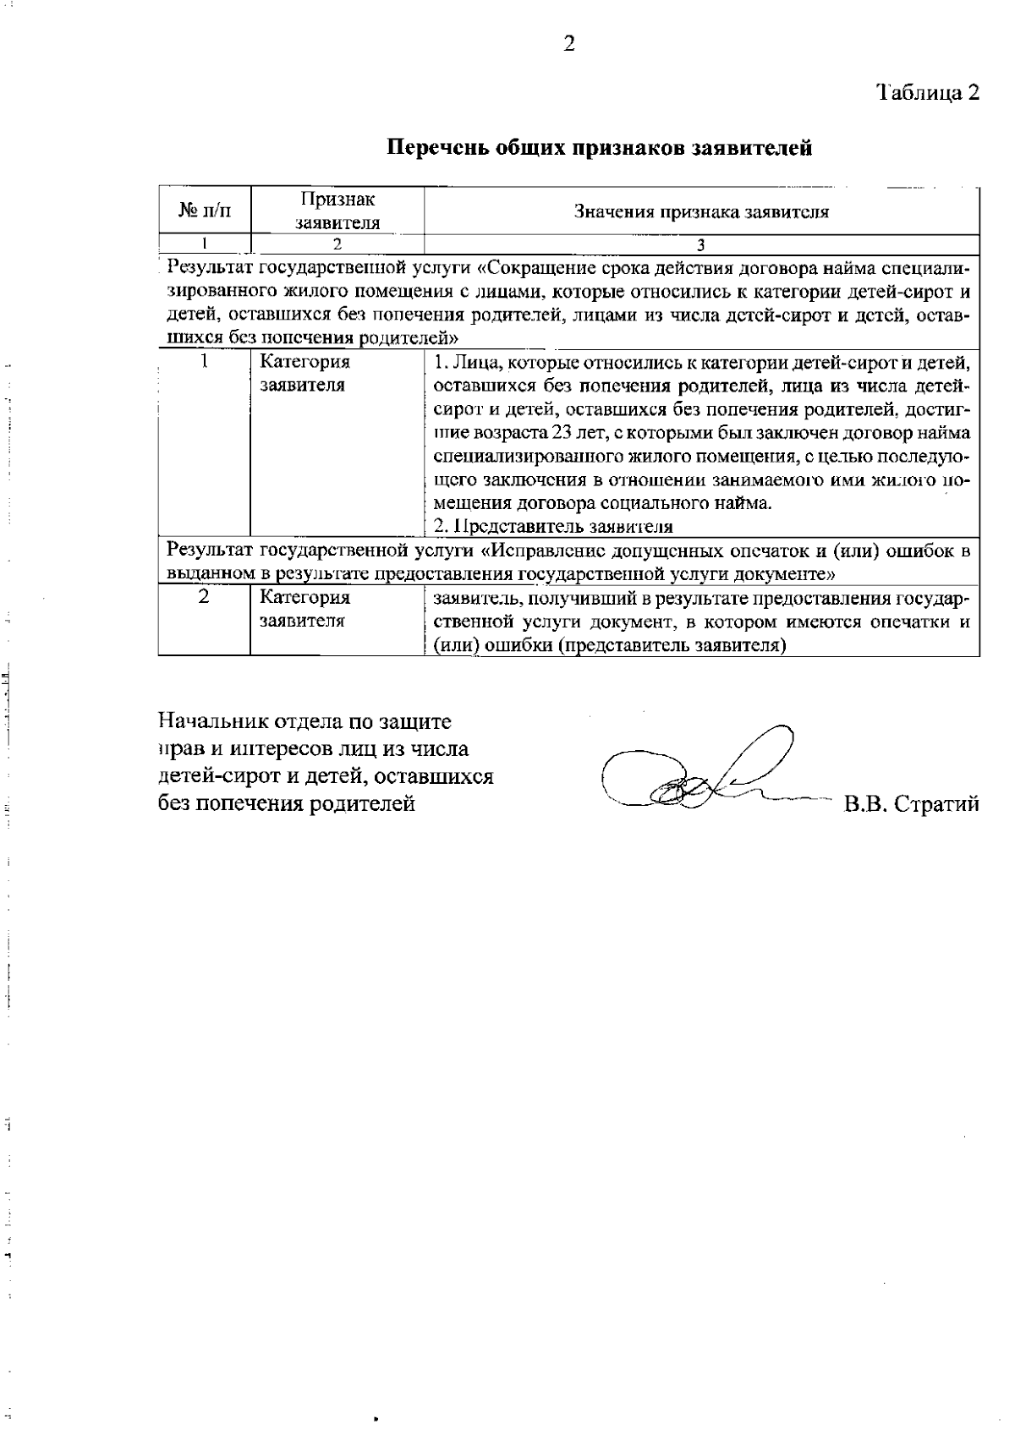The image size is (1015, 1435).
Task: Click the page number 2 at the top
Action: tap(569, 44)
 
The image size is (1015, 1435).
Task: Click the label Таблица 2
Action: tap(927, 92)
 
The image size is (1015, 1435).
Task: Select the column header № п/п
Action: tap(204, 211)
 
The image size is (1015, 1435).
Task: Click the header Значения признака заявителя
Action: tap(701, 212)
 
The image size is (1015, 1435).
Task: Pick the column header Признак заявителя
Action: tap(337, 211)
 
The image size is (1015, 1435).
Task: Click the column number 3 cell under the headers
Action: tap(701, 245)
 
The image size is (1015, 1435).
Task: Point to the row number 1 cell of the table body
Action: tap(204, 362)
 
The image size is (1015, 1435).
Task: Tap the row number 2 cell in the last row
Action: tap(204, 597)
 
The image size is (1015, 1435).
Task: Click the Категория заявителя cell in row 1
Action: tap(304, 374)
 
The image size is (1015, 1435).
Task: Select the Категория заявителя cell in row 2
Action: tap(304, 609)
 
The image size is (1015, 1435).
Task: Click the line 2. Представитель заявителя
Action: tap(553, 527)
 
